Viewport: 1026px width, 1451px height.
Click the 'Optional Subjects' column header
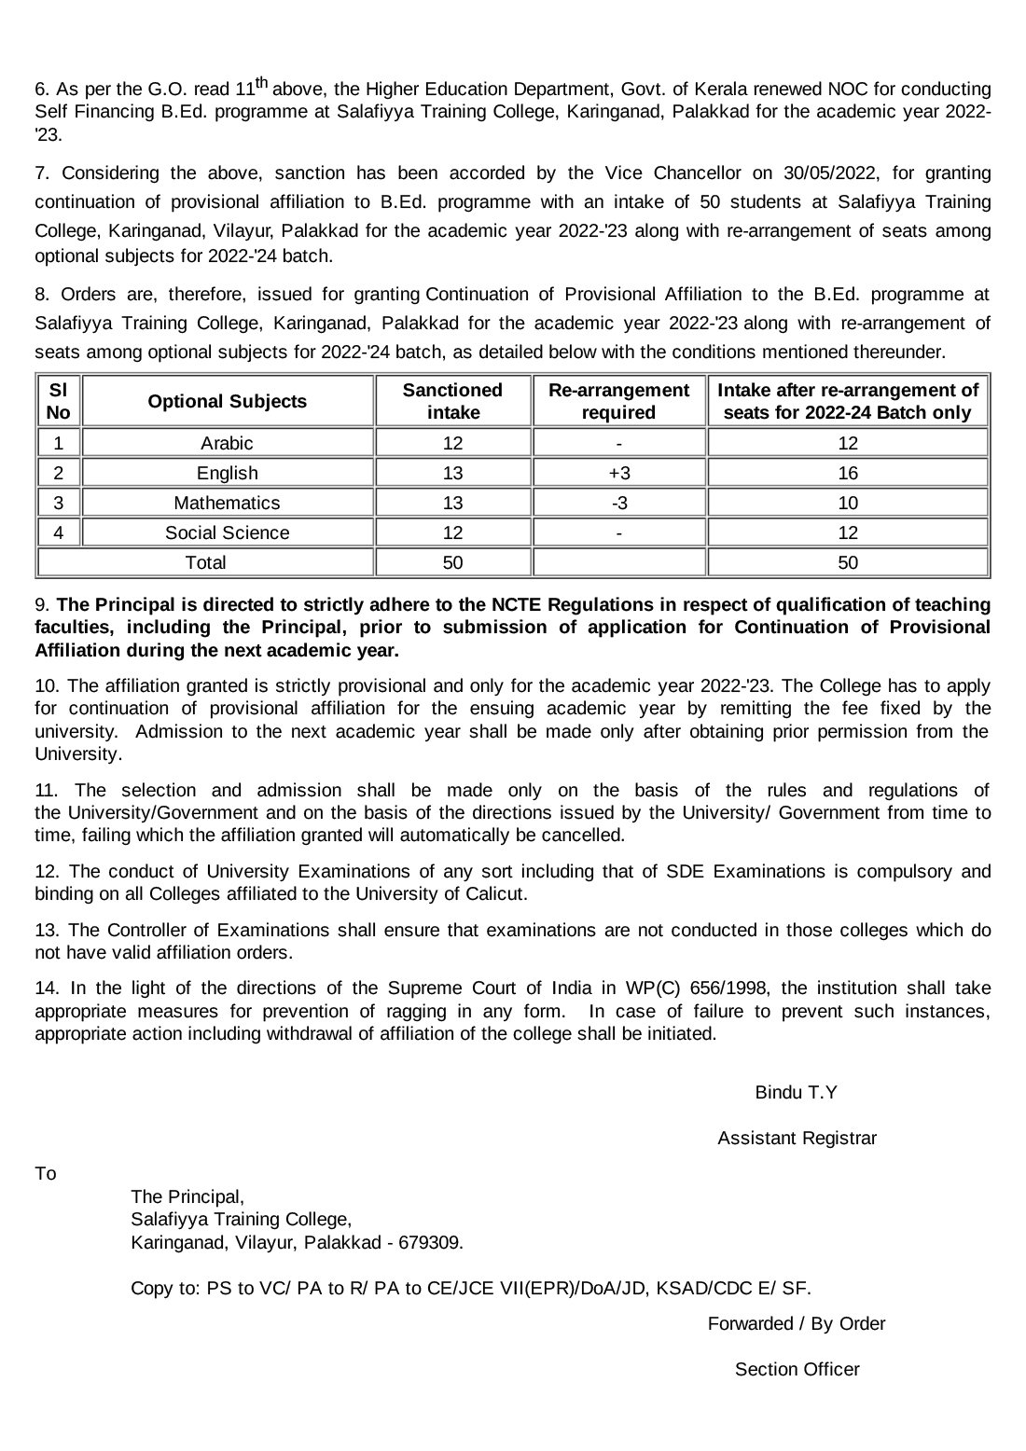(227, 402)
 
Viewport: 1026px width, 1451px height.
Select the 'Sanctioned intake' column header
(452, 402)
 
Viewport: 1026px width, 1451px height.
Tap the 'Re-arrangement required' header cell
(618, 402)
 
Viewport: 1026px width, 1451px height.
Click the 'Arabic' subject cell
(227, 444)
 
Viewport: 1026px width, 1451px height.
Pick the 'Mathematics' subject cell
(227, 504)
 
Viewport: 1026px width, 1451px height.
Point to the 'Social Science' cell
(227, 533)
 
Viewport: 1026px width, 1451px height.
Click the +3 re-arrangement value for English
(618, 474)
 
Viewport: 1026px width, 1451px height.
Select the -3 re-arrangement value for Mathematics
(618, 504)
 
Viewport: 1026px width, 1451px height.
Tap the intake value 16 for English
(847, 474)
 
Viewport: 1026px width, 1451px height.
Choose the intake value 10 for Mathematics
(847, 504)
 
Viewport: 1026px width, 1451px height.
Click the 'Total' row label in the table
(205, 563)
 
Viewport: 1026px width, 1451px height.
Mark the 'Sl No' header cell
(58, 402)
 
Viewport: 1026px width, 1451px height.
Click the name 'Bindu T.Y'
(796, 1093)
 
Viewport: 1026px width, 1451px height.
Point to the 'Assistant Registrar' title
(797, 1139)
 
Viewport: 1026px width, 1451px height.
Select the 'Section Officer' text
(797, 1370)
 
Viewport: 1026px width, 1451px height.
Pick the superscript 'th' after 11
(262, 84)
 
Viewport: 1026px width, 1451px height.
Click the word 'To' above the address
(46, 1174)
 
